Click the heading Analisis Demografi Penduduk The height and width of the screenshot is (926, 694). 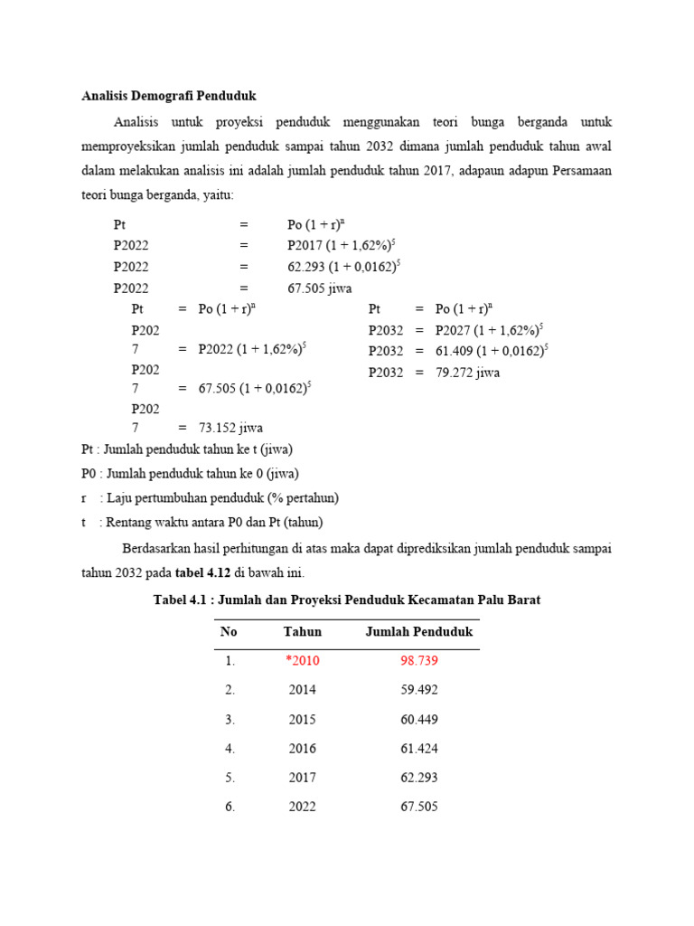[169, 95]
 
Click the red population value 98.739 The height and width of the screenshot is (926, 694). [418, 661]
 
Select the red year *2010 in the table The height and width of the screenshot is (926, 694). [302, 661]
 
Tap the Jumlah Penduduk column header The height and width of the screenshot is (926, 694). [418, 632]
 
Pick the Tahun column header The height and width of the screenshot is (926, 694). [302, 632]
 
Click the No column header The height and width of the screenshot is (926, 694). [229, 632]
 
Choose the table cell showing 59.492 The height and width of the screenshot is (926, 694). [418, 690]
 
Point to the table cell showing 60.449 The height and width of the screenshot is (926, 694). [418, 720]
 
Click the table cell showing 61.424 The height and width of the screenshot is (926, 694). [418, 749]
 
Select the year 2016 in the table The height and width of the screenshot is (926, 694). [302, 749]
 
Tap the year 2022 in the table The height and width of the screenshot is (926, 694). [302, 807]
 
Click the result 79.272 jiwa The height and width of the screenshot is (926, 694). [467, 373]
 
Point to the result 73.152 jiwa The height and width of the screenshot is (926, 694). [230, 429]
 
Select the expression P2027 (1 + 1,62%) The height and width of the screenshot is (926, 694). [488, 331]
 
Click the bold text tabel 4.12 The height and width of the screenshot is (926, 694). [202, 573]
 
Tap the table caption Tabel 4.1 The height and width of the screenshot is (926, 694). [347, 600]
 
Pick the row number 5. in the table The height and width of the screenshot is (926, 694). [230, 778]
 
